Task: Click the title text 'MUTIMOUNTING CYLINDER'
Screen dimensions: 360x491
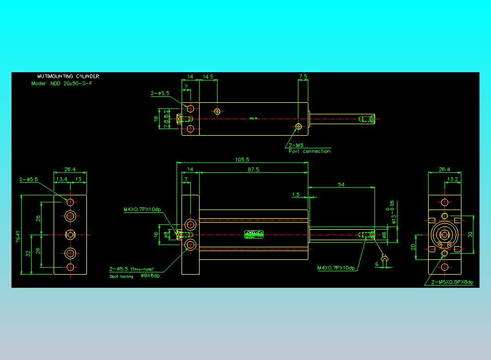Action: click(68, 77)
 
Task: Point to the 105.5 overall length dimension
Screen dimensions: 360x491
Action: click(241, 160)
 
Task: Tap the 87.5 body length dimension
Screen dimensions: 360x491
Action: click(253, 170)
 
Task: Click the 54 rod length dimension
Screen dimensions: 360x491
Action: click(341, 185)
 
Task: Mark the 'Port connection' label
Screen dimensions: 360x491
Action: click(309, 151)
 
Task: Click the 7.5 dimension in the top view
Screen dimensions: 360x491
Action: click(303, 77)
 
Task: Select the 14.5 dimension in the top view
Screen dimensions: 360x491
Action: click(208, 77)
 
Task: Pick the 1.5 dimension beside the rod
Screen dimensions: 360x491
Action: click(296, 194)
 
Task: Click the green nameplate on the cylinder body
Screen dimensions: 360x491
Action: click(254, 234)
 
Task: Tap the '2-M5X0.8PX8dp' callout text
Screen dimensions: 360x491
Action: click(452, 282)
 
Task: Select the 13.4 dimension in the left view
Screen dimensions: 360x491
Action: click(62, 179)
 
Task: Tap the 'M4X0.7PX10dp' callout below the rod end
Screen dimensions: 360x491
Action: click(336, 268)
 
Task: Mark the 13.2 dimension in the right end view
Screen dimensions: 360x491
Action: click(452, 179)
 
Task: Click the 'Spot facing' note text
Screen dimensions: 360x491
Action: click(121, 276)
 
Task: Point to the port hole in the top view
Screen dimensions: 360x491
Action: click(297, 127)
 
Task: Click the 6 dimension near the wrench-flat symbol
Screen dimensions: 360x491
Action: click(376, 264)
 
